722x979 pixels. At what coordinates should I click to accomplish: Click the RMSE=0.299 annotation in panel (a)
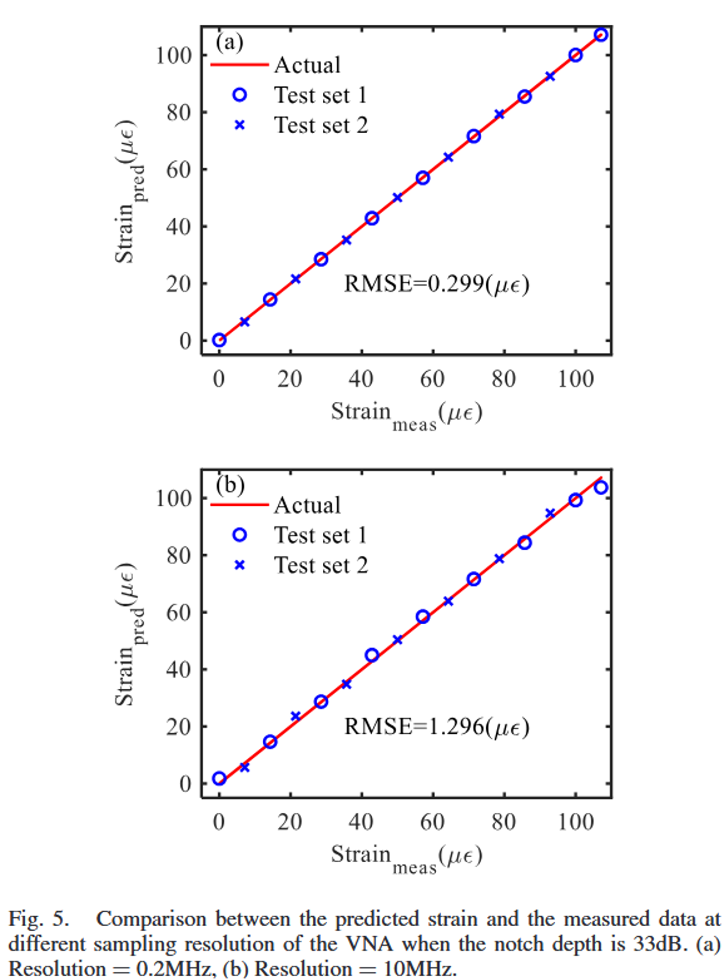pyautogui.click(x=436, y=284)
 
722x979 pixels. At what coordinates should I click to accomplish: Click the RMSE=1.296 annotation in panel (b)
pyautogui.click(x=436, y=726)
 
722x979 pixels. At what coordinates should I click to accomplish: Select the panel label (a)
pyautogui.click(x=230, y=42)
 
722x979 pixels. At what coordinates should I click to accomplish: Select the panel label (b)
pyautogui.click(x=230, y=484)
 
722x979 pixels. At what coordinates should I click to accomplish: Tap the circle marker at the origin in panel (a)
pyautogui.click(x=220, y=340)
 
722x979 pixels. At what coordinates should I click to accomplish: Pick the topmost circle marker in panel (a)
pyautogui.click(x=601, y=35)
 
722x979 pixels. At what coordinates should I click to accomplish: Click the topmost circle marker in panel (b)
pyautogui.click(x=601, y=487)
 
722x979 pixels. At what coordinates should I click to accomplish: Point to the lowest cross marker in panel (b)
pyautogui.click(x=244, y=767)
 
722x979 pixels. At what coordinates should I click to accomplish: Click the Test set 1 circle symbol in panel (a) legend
pyautogui.click(x=240, y=95)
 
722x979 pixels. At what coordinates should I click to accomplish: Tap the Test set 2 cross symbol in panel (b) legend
pyautogui.click(x=240, y=565)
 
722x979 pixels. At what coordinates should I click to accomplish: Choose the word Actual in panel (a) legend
pyautogui.click(x=307, y=65)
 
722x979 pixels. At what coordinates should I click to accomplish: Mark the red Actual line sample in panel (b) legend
pyautogui.click(x=240, y=505)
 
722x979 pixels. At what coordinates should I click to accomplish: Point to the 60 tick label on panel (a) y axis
pyautogui.click(x=179, y=170)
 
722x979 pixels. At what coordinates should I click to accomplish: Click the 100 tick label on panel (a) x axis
pyautogui.click(x=575, y=379)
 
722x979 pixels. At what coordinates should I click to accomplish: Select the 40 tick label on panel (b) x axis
pyautogui.click(x=361, y=822)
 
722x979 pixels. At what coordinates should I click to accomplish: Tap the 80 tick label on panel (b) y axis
pyautogui.click(x=179, y=555)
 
